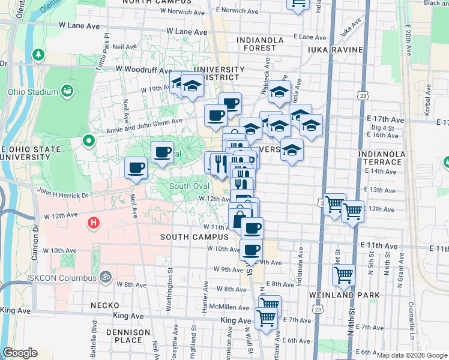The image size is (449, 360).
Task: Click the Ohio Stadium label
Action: coord(32,92)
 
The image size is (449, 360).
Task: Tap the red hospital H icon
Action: coord(93,224)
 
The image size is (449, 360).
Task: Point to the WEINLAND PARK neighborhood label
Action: coord(344,295)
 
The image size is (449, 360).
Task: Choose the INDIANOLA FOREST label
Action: coord(265,40)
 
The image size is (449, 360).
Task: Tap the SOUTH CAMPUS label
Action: coord(194,237)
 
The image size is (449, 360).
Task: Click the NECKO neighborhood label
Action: coord(105,305)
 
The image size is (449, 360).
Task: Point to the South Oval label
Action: coord(188,186)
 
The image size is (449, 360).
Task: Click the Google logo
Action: coord(20,353)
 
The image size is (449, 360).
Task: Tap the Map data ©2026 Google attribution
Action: coord(412,355)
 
